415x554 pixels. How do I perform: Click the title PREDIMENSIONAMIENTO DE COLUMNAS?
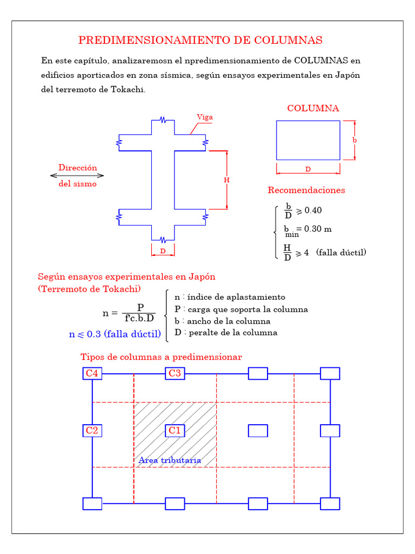[x=200, y=41]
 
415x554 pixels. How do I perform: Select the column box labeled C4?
[x=92, y=373]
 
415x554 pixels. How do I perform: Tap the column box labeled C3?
[x=175, y=373]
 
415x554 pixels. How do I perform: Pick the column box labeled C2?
[x=92, y=431]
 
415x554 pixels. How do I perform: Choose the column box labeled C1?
[x=175, y=431]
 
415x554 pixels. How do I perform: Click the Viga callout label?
[x=205, y=117]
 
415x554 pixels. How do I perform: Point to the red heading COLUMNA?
[x=313, y=108]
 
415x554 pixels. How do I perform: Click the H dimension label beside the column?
[x=226, y=180]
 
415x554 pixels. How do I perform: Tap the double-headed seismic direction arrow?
[x=77, y=175]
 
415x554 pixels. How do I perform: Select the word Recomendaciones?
[x=306, y=190]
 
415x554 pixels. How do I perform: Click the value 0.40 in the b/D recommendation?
[x=313, y=210]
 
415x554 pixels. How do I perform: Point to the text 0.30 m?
[x=318, y=229]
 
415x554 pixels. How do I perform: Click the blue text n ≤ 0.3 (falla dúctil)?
[x=115, y=334]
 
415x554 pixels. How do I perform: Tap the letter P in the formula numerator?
[x=140, y=308]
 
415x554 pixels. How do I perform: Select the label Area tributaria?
[x=170, y=460]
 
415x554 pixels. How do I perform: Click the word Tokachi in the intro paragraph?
[x=129, y=89]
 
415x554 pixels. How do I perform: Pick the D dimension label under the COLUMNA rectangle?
[x=308, y=169]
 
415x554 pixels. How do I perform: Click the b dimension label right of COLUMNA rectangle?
[x=354, y=140]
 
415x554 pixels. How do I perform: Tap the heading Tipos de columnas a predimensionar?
[x=161, y=357]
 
